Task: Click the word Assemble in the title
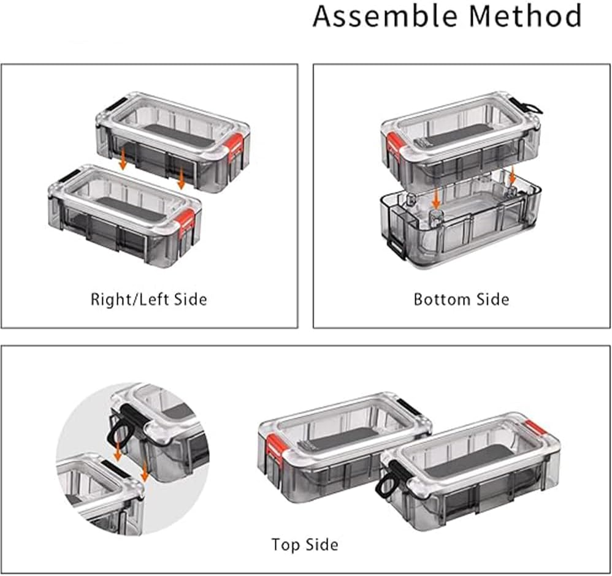(385, 16)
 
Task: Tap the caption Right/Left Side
(148, 300)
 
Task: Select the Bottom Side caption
(461, 300)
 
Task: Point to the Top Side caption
(305, 544)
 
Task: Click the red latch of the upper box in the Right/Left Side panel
(235, 147)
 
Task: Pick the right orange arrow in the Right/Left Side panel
(181, 178)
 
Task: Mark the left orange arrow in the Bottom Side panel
(437, 197)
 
